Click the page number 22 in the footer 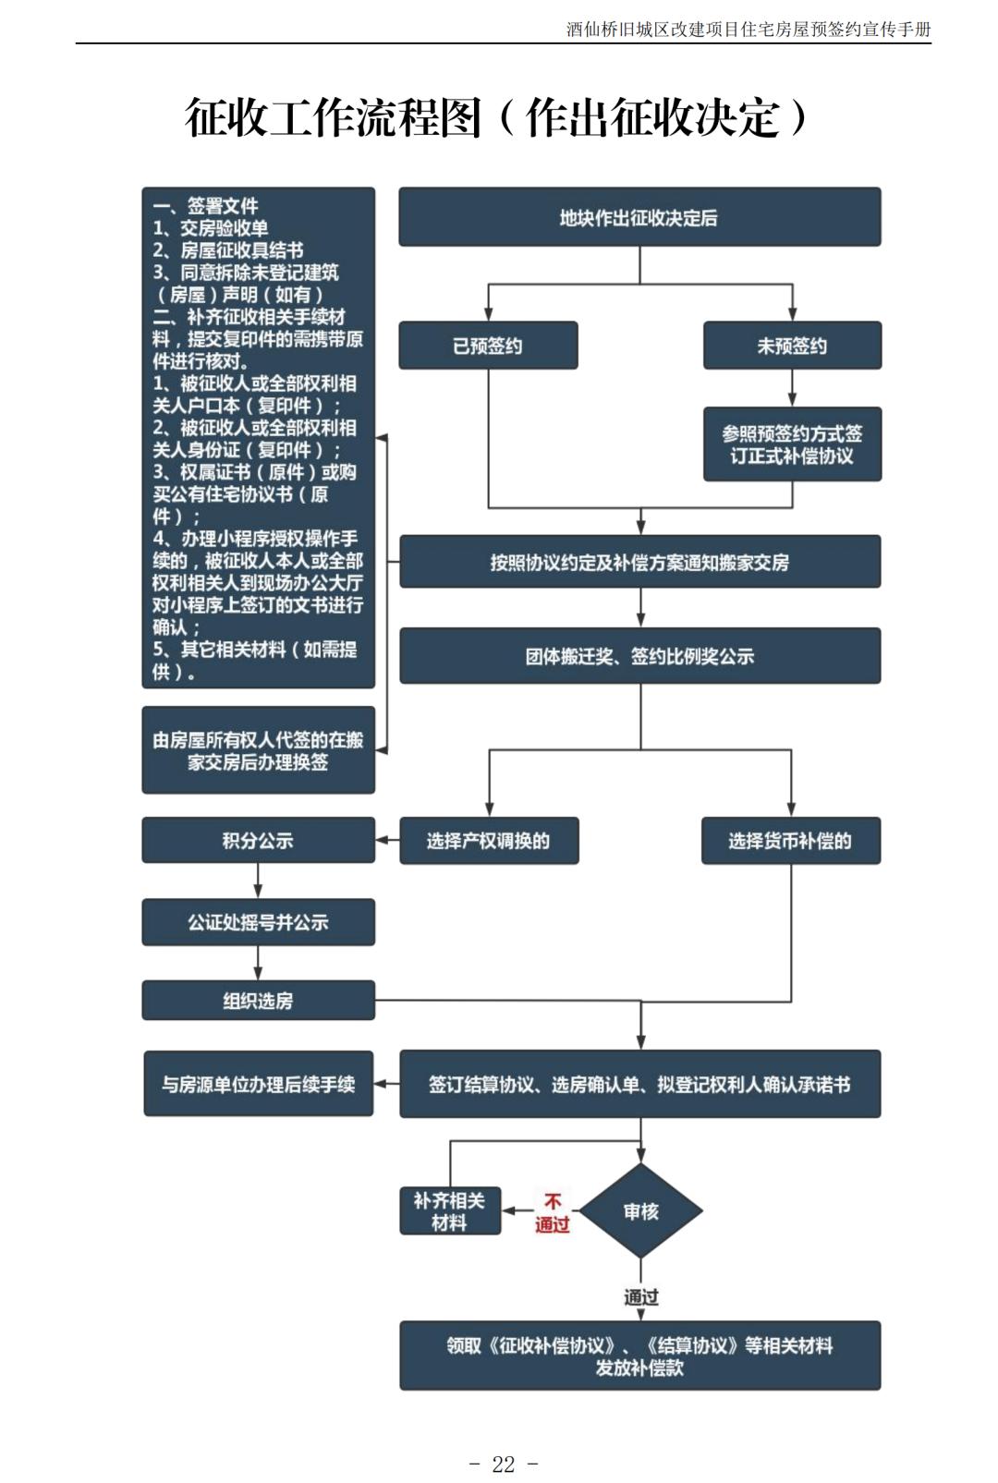pos(504,1464)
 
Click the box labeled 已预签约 pos(488,346)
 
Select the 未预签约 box pos(792,346)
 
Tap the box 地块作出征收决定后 pos(639,217)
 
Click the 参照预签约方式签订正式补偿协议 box pos(792,444)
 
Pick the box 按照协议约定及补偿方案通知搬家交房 pos(639,562)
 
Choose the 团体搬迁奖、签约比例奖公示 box pos(639,656)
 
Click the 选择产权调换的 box pos(489,841)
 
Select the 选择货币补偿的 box pos(790,841)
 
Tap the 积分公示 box pos(258,841)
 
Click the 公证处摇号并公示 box pos(258,922)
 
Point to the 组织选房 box pos(258,1001)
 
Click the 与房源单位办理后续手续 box pos(258,1084)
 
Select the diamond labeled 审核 pos(640,1211)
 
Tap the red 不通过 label pos(553,1213)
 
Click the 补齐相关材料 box pos(450,1211)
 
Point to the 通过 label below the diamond pos(640,1297)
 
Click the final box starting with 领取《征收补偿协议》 pos(639,1355)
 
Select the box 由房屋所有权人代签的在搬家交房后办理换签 pos(258,750)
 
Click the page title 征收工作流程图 pos(333,118)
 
